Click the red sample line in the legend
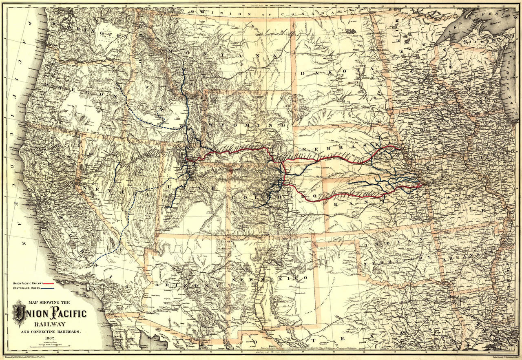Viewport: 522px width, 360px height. (49, 283)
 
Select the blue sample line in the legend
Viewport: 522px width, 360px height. (49, 288)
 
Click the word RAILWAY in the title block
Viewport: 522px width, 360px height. (51, 324)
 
